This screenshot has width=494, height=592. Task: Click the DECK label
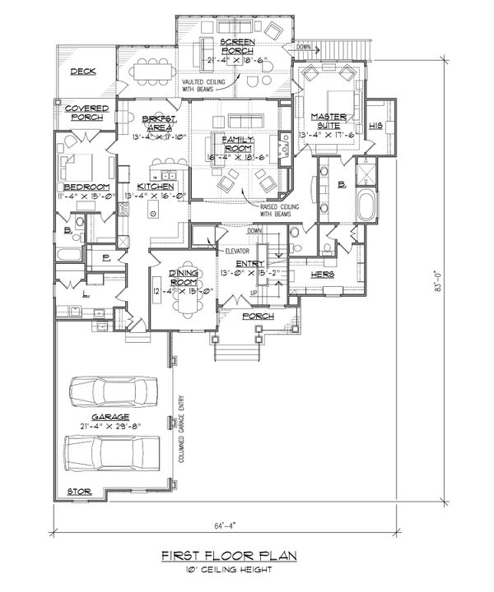coord(82,72)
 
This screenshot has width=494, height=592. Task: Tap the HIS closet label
coord(377,125)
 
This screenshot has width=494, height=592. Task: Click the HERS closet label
coord(322,273)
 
